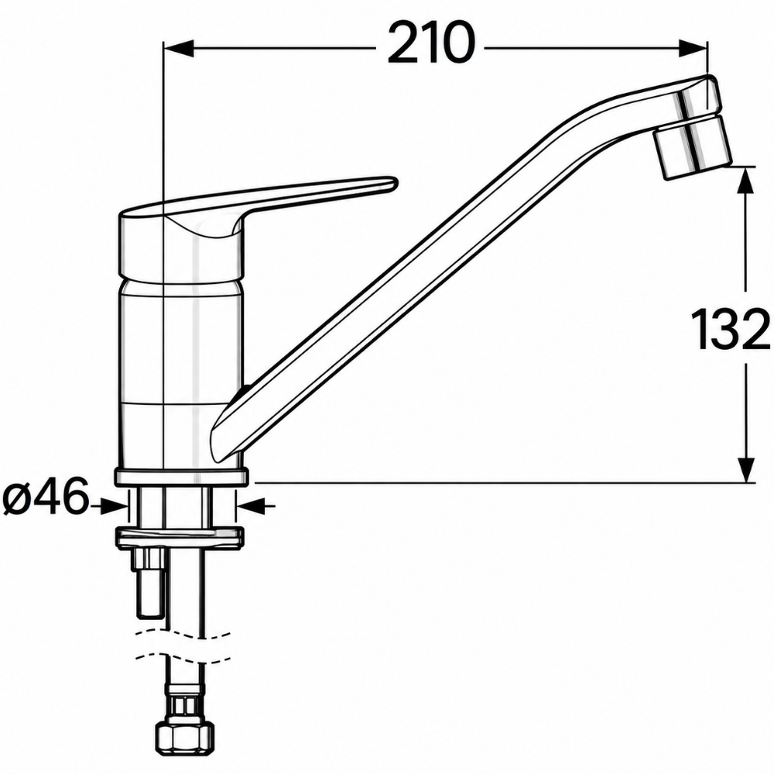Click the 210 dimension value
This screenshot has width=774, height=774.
[x=431, y=43]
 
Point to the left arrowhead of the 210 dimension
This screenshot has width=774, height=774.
[x=178, y=48]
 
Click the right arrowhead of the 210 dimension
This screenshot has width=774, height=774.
[x=693, y=48]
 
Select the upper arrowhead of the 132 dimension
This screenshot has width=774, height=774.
[x=745, y=182]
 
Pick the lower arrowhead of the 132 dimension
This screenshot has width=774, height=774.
[x=745, y=467]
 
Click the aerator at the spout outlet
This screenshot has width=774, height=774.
[x=693, y=146]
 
